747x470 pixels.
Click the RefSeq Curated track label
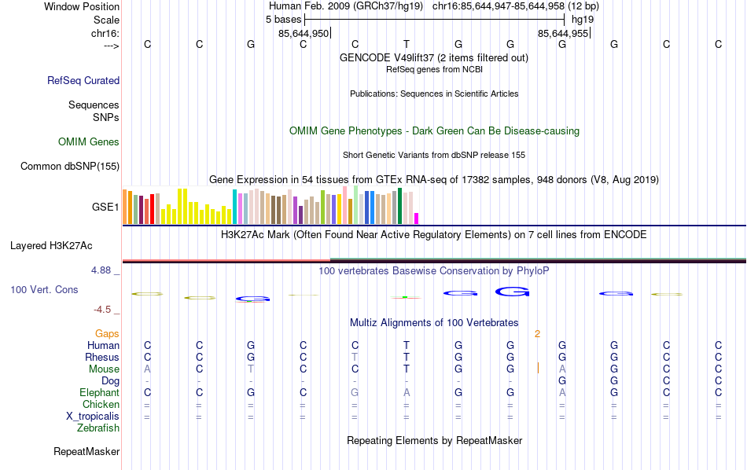(x=83, y=80)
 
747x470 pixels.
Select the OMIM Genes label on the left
(x=89, y=142)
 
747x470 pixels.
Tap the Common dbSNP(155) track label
(x=70, y=166)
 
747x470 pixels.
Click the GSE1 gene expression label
(x=105, y=207)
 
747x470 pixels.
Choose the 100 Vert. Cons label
(x=44, y=290)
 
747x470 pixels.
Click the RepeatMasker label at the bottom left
(x=86, y=452)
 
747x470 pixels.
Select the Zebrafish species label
(x=98, y=428)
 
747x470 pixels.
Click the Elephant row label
(x=99, y=393)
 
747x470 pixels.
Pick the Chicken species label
(x=101, y=405)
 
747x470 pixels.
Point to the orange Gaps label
(x=108, y=334)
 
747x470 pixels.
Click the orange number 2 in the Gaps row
(x=537, y=334)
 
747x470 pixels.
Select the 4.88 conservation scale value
(x=105, y=270)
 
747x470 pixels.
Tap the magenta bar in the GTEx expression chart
(x=417, y=218)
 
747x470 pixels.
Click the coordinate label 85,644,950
(x=304, y=34)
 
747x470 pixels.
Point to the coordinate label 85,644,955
(x=563, y=34)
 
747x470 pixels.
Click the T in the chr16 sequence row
(x=407, y=44)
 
